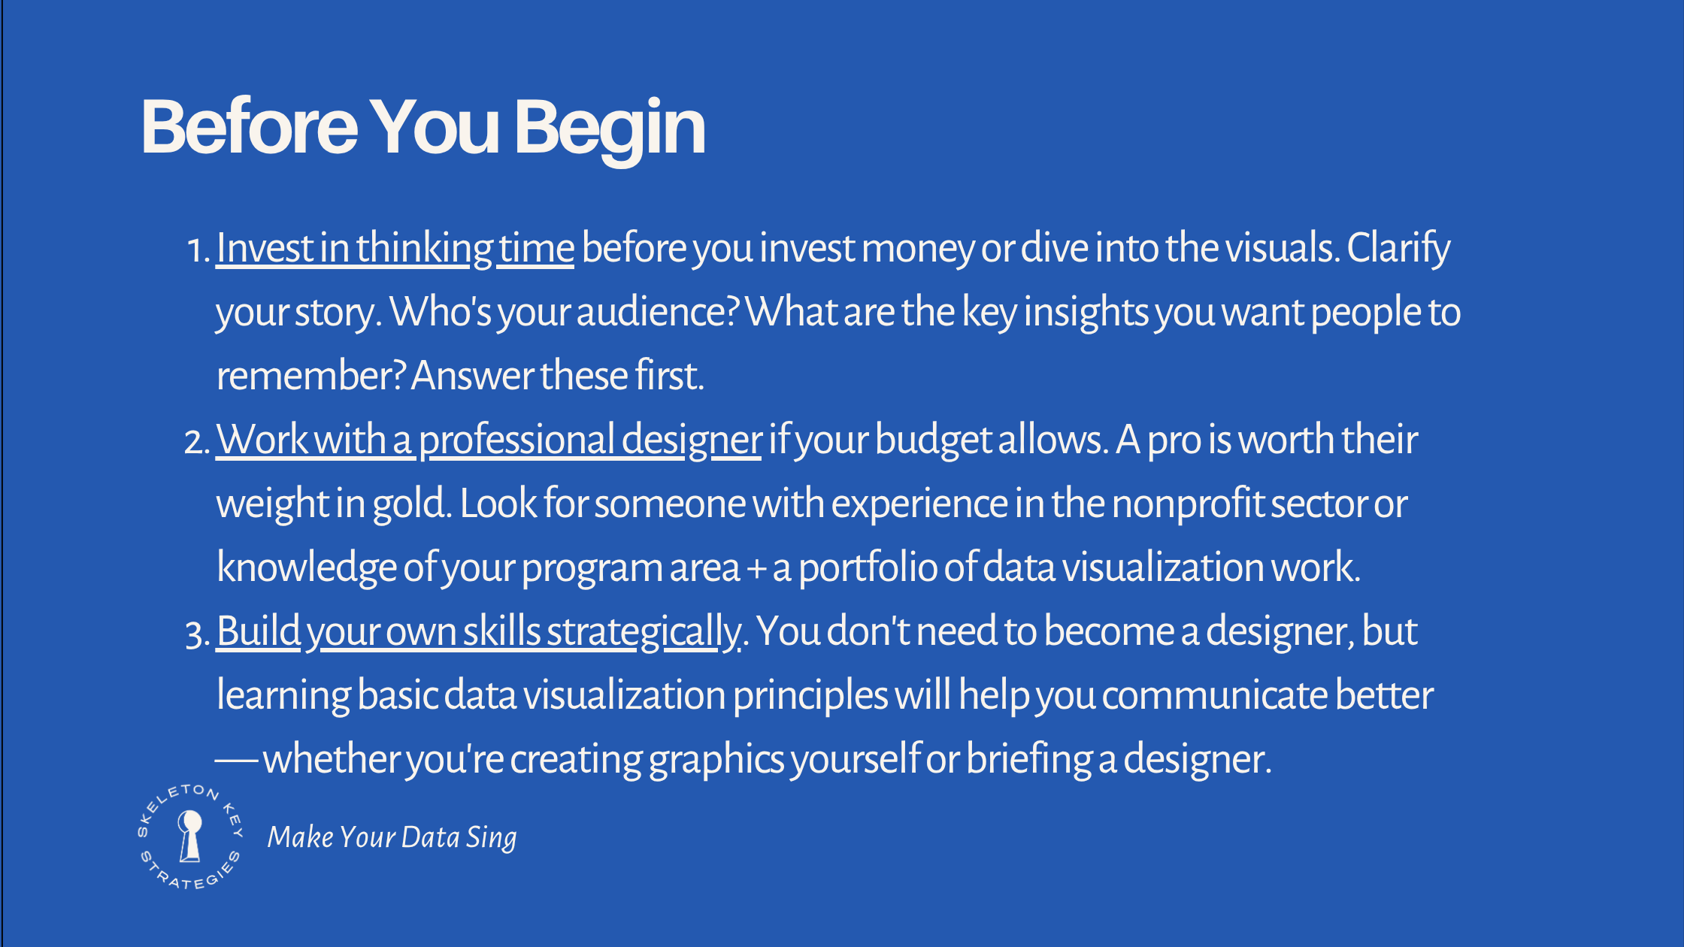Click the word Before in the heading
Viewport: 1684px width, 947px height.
coord(249,128)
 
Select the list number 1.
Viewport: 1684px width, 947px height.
coord(195,250)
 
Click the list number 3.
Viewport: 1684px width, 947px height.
coord(195,633)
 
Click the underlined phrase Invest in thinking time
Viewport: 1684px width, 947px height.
coord(395,248)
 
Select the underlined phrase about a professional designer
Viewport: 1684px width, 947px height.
coord(489,440)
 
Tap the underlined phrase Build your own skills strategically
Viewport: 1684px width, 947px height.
coord(478,631)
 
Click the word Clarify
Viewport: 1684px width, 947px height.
coord(1398,248)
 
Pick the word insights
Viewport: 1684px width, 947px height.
coord(1086,312)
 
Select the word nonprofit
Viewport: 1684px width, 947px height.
coord(1189,504)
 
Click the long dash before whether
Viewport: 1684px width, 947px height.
coord(237,759)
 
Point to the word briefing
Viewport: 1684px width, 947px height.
coord(1029,759)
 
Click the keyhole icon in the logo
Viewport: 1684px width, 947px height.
coord(190,835)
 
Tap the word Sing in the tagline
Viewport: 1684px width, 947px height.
coord(491,837)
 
